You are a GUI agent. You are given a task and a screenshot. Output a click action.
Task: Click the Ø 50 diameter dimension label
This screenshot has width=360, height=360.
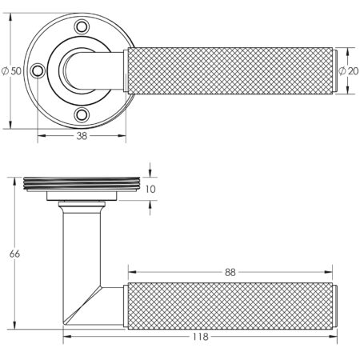click(11, 71)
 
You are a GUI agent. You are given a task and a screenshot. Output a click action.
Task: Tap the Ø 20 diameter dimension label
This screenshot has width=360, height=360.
click(349, 71)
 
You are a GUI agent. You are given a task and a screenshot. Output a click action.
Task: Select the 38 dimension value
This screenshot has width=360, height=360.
click(82, 136)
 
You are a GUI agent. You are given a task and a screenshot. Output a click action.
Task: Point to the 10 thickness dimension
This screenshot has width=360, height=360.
click(150, 189)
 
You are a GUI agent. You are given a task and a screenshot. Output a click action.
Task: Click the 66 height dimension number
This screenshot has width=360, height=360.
click(14, 254)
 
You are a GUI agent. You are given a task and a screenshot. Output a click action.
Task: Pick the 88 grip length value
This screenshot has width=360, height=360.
click(230, 272)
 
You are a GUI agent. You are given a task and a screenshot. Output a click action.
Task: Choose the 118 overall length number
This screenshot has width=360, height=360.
click(200, 337)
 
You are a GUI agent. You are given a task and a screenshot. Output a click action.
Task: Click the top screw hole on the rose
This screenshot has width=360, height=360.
click(82, 27)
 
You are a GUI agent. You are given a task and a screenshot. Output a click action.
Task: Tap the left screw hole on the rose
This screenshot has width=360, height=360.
click(38, 71)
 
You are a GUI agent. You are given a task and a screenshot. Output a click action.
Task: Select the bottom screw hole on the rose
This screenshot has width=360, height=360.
click(82, 115)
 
